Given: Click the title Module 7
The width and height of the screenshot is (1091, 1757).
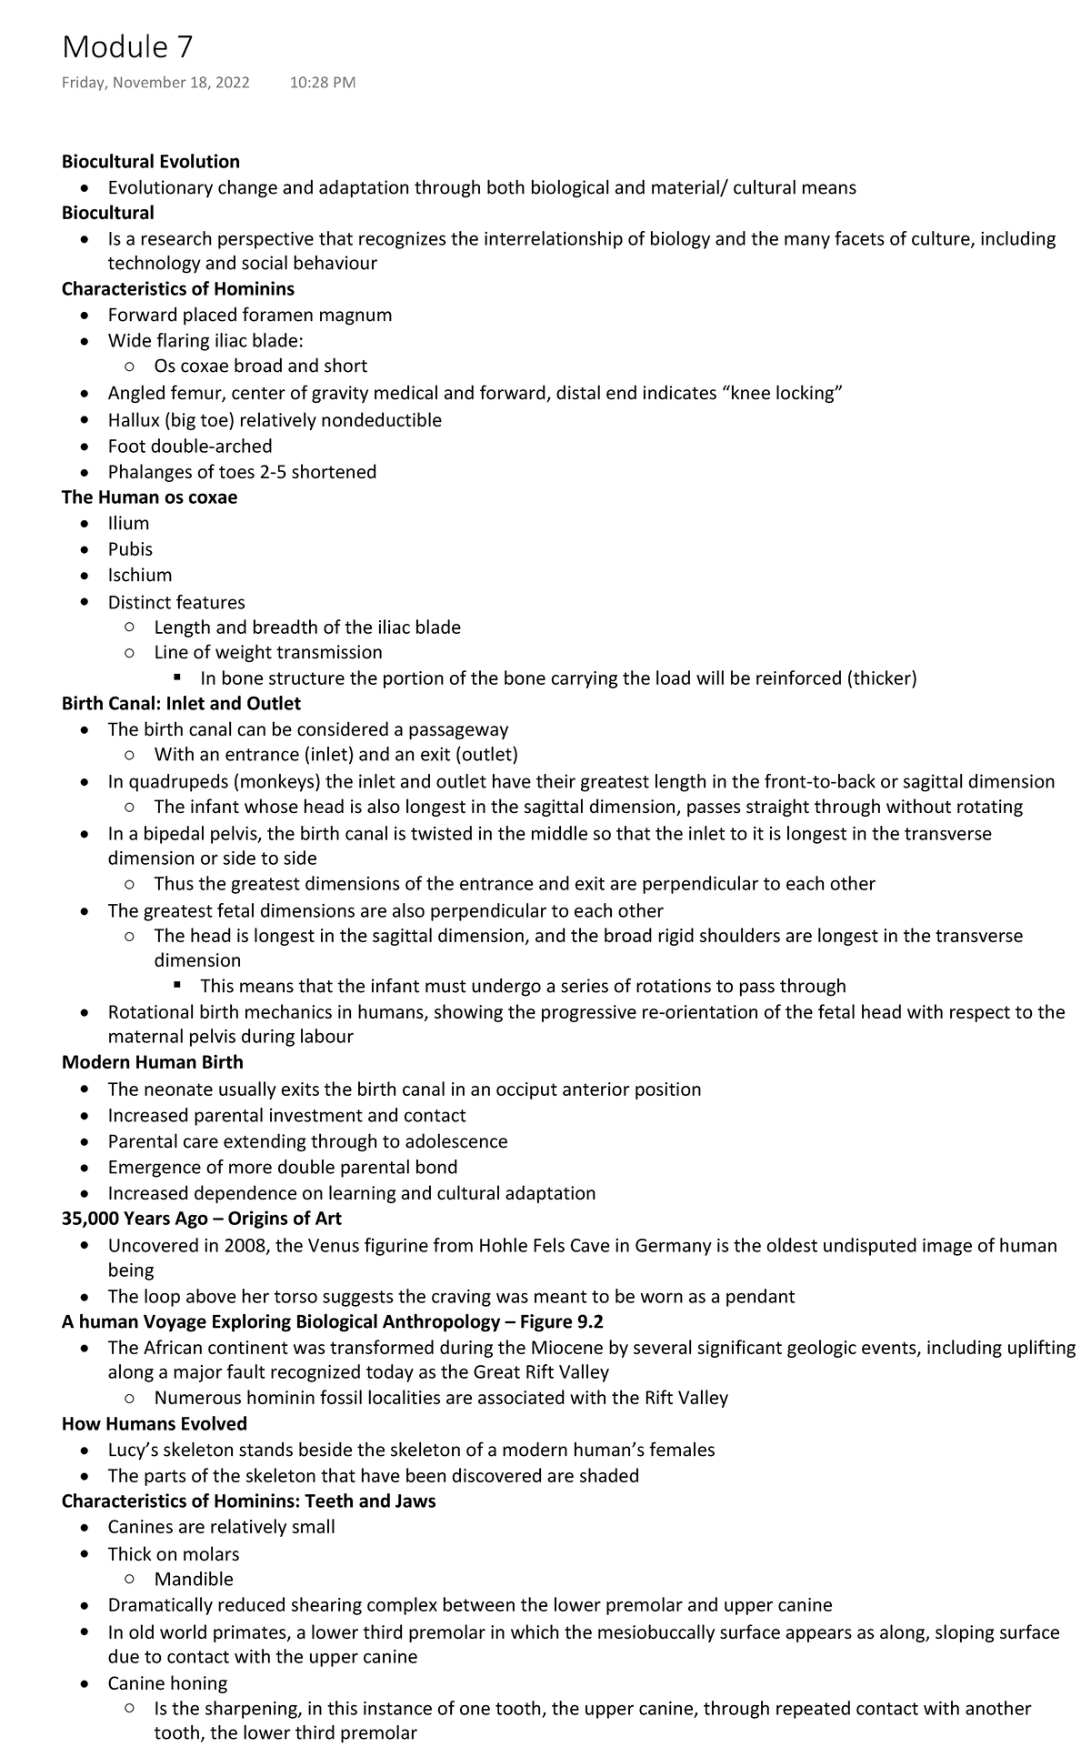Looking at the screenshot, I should tap(127, 47).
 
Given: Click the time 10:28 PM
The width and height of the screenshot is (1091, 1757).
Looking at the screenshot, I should tap(323, 83).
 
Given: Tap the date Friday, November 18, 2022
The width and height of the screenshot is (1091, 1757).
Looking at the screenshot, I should tap(155, 83).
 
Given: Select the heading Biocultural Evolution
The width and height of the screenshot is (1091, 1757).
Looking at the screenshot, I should tap(151, 162).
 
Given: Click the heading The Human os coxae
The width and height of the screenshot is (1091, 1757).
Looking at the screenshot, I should tap(149, 497).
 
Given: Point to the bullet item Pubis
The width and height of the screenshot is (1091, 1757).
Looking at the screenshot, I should tap(130, 549).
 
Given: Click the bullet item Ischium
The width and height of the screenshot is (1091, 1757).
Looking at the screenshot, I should tap(140, 575).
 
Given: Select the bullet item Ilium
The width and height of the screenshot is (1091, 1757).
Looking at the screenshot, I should tap(128, 523).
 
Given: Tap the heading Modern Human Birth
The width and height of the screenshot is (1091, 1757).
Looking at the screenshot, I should tap(152, 1062).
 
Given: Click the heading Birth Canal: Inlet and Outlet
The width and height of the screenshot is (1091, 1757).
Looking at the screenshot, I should tap(181, 703).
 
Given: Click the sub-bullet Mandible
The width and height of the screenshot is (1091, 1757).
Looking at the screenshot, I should tap(194, 1580).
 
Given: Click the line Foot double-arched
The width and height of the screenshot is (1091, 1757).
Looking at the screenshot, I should tap(190, 446).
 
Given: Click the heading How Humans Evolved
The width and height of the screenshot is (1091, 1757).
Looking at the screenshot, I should tap(155, 1423).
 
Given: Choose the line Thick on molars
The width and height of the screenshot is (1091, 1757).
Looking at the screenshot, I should tap(174, 1554).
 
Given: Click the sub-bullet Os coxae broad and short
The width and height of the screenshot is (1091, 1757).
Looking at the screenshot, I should tap(261, 366).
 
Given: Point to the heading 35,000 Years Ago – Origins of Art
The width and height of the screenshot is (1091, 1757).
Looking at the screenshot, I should tap(202, 1218).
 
